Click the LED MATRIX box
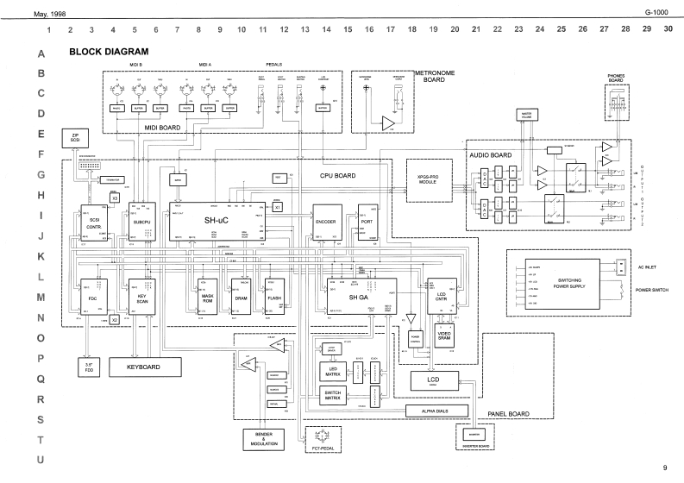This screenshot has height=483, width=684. point(332,372)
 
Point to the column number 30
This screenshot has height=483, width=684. point(668,29)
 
